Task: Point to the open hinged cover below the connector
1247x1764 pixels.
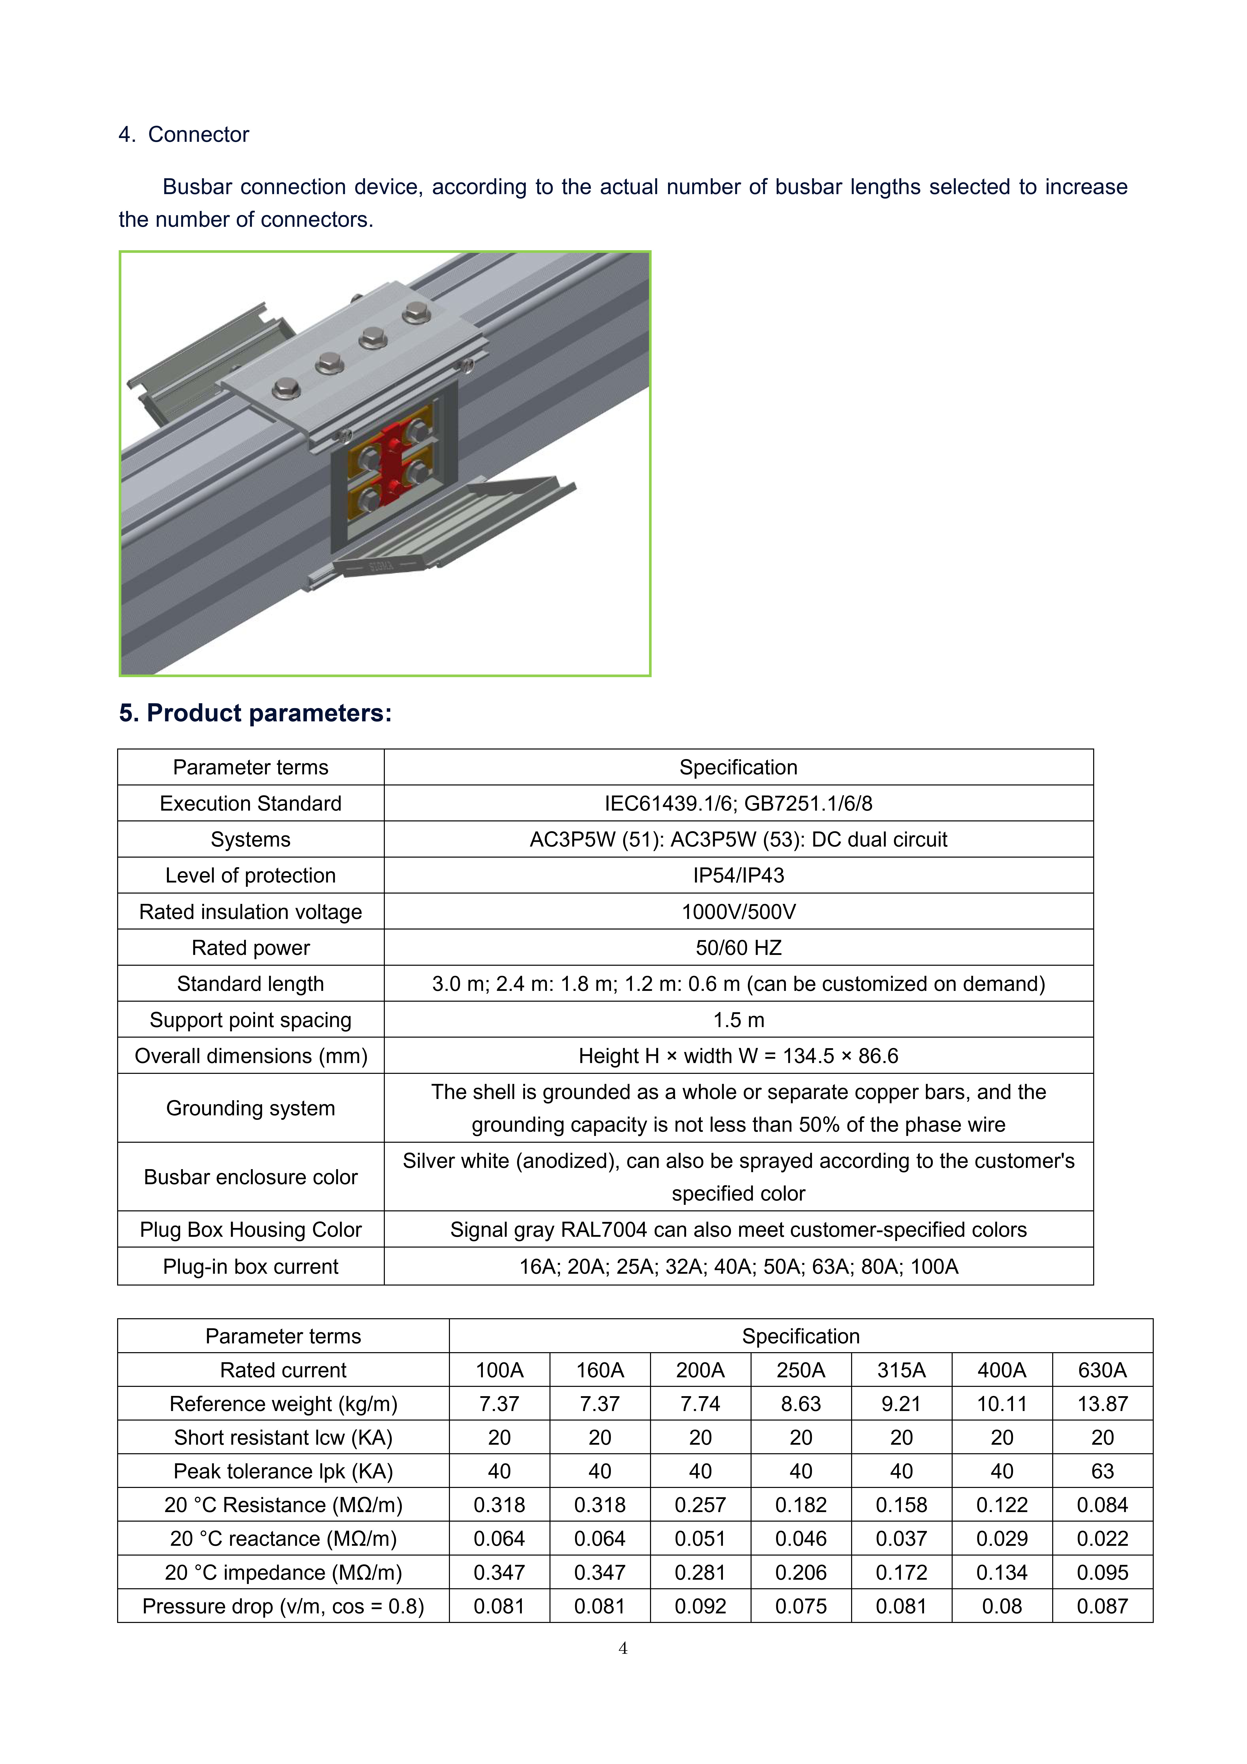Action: click(x=453, y=530)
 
